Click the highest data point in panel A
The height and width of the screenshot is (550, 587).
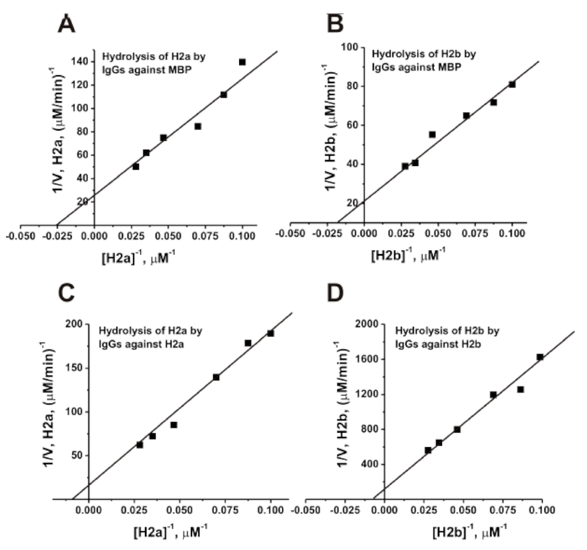tap(242, 62)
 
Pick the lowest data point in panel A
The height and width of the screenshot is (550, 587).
tap(135, 167)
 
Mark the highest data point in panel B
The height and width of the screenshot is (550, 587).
tap(512, 84)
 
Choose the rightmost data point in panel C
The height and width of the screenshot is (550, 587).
tap(271, 333)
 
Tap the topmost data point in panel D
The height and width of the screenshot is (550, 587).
tap(540, 357)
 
